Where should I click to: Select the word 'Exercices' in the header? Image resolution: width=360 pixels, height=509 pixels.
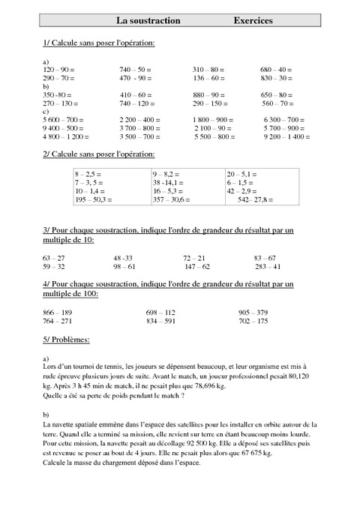coord(253,22)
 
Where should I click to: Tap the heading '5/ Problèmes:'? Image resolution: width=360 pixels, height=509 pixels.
coord(67,340)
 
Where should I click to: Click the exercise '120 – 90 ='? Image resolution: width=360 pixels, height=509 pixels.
coord(59,69)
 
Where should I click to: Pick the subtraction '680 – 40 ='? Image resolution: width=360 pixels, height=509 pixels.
coord(276,69)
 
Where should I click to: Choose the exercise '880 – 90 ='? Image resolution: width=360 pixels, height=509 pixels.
coord(208,95)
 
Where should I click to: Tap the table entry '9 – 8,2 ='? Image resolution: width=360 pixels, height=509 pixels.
coord(168,173)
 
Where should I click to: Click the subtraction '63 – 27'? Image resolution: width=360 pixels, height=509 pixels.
coord(54,257)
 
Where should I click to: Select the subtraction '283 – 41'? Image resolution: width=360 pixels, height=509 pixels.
coord(268,266)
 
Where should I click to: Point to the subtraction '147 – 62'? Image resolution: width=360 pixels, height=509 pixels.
coord(197,266)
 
